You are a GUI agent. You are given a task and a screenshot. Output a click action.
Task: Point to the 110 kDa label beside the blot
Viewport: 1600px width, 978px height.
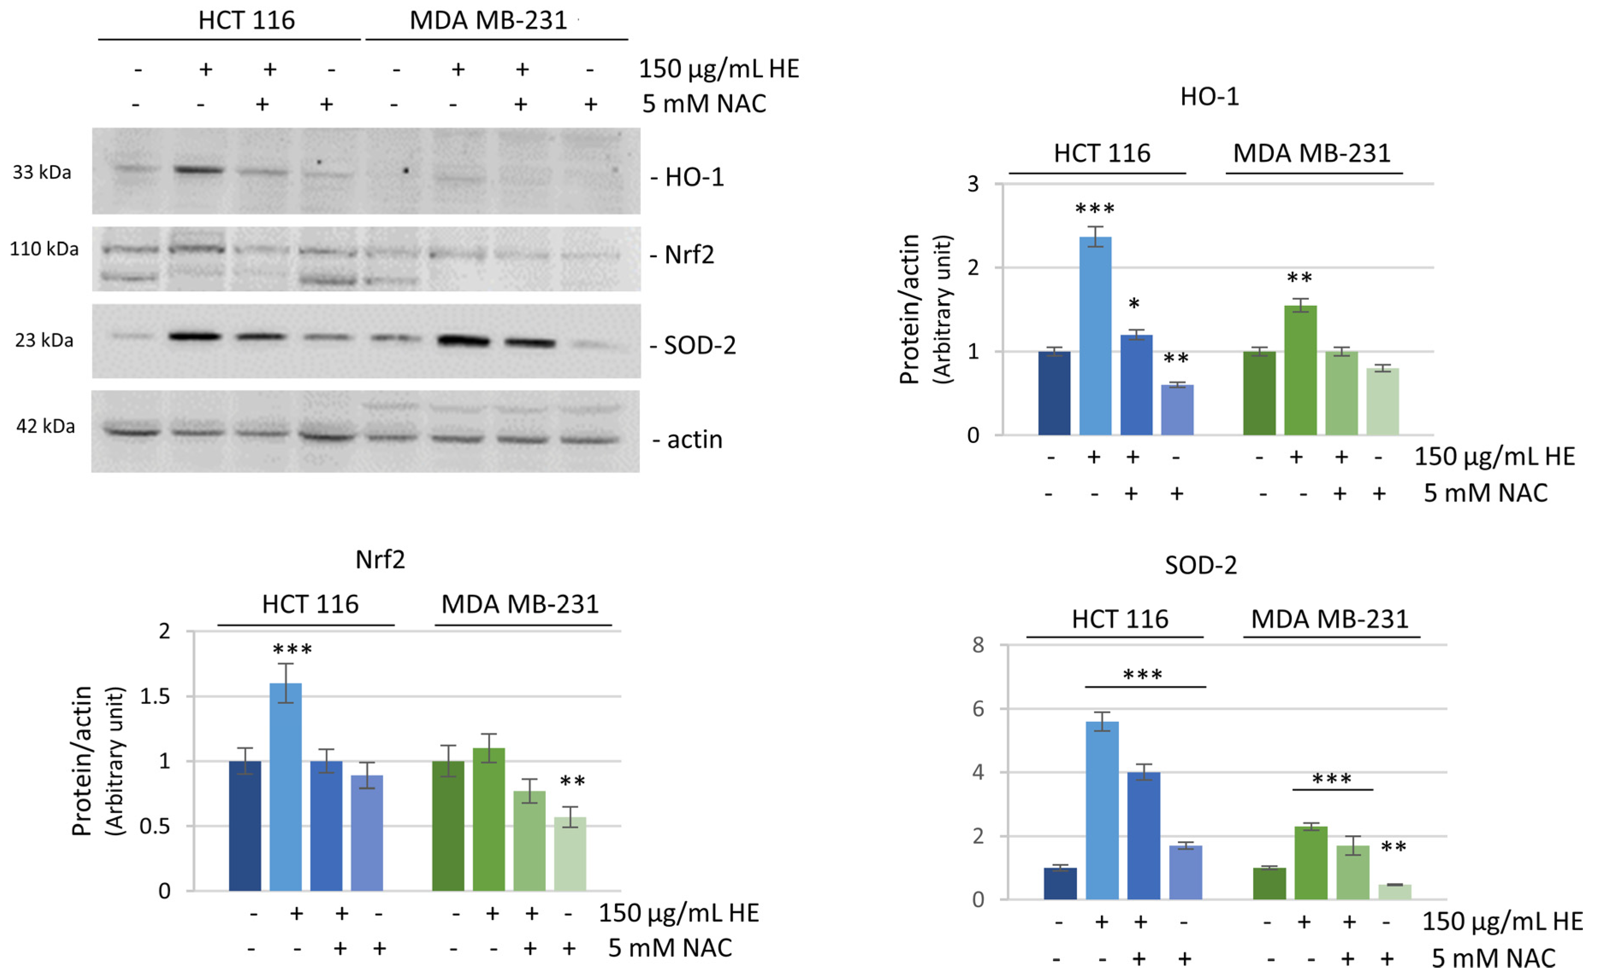[x=44, y=249]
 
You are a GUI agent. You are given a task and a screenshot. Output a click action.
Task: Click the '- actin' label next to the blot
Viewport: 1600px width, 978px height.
[x=688, y=440]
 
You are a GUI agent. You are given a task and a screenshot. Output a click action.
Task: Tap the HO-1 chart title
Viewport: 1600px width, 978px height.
[x=1209, y=97]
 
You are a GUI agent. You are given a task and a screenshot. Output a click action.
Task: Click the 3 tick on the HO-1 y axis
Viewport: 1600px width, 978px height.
[x=972, y=184]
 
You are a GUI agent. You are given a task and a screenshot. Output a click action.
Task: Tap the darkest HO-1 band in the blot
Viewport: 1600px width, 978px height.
[x=199, y=170]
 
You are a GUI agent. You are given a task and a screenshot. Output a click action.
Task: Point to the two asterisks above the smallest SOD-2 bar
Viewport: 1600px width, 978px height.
[x=1393, y=847]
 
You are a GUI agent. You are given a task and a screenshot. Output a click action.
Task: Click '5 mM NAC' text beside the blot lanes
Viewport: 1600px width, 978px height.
[x=704, y=104]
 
